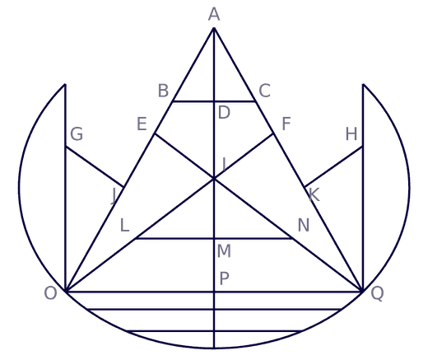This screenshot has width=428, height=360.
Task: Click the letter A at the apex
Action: [214, 14]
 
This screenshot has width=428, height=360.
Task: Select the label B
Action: [163, 91]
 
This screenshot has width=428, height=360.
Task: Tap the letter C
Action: [264, 91]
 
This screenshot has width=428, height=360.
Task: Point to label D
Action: [224, 113]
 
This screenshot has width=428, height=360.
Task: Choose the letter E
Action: [142, 124]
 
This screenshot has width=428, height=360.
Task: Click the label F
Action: [286, 124]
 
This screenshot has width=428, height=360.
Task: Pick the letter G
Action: [77, 134]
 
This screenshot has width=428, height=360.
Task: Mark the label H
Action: [351, 134]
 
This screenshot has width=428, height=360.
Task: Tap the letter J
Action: [114, 196]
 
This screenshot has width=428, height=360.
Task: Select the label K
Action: [314, 195]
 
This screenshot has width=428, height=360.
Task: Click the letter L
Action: [124, 226]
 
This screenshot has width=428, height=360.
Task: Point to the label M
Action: [224, 251]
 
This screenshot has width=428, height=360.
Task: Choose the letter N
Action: [304, 226]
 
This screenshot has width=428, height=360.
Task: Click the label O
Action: [50, 293]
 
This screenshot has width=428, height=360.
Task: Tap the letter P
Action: [224, 278]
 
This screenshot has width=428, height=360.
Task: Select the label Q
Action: [377, 294]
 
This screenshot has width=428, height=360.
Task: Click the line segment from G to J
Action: [95, 167]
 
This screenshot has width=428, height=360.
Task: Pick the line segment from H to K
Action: [333, 167]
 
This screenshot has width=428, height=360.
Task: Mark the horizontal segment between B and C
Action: [214, 101]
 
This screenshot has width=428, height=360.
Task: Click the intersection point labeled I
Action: [214, 179]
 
